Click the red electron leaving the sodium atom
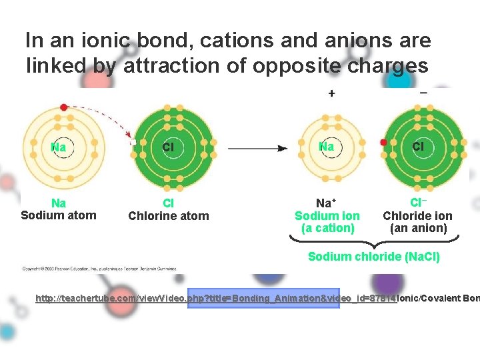(63, 107)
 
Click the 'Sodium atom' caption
(59, 215)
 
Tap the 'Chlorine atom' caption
(168, 216)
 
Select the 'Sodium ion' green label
(327, 216)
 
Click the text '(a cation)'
(327, 228)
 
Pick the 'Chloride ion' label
(417, 216)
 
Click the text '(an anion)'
(418, 228)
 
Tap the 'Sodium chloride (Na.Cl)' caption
(373, 257)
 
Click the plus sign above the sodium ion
(331, 93)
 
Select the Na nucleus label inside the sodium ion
(327, 146)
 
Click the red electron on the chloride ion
(383, 142)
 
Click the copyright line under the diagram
(100, 269)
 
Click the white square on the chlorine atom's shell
(133, 142)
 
